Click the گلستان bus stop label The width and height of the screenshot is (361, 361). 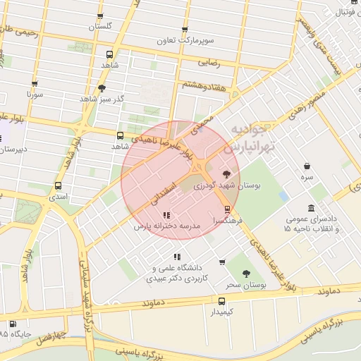[x=101, y=26]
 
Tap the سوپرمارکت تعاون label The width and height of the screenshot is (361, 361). [x=185, y=41]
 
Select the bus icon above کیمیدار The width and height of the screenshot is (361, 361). [x=222, y=301]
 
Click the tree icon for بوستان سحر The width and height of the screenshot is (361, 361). [x=246, y=274]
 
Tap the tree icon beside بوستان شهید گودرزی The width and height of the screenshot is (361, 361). [x=226, y=173]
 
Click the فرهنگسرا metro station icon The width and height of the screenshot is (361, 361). [x=226, y=209]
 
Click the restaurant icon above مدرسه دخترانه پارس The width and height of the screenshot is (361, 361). [x=166, y=215]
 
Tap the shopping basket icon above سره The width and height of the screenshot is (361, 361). [x=307, y=166]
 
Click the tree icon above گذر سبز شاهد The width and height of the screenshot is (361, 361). [x=102, y=88]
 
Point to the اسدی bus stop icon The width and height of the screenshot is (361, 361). [x=58, y=186]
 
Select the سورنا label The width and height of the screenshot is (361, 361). [x=35, y=94]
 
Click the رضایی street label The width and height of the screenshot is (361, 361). [x=210, y=63]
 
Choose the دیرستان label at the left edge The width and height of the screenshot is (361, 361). [x=13, y=149]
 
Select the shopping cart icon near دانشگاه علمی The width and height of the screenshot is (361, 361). [x=222, y=262]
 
